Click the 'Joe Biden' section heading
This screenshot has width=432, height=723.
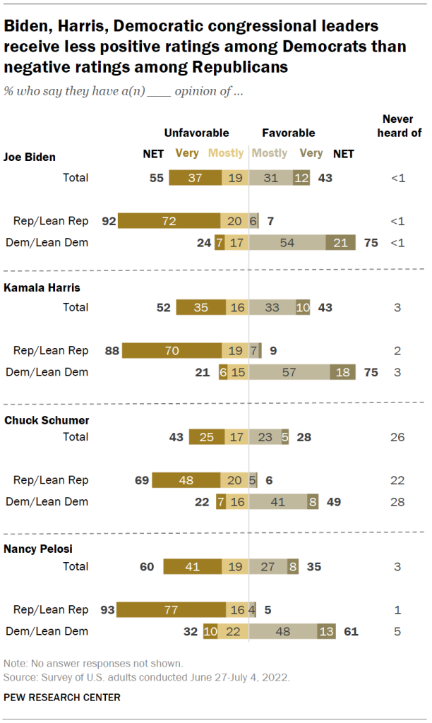pyautogui.click(x=30, y=157)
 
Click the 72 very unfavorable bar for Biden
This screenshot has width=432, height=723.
pyautogui.click(x=169, y=221)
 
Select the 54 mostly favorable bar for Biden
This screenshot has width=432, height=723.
pyautogui.click(x=287, y=242)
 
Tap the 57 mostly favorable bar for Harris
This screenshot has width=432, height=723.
pyautogui.click(x=289, y=372)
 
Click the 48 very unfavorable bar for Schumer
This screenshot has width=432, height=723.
pyautogui.click(x=186, y=480)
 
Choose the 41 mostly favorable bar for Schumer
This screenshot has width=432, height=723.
pyautogui.click(x=279, y=501)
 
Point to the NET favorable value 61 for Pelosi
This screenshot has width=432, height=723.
pyautogui.click(x=351, y=631)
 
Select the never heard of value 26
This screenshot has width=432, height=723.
pyautogui.click(x=397, y=437)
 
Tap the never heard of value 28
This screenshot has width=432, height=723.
pyautogui.click(x=397, y=501)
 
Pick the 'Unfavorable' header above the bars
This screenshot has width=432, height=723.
pyautogui.click(x=196, y=133)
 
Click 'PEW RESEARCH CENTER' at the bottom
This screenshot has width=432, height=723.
pyautogui.click(x=61, y=698)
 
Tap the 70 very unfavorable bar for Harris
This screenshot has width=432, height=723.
pyautogui.click(x=172, y=351)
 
